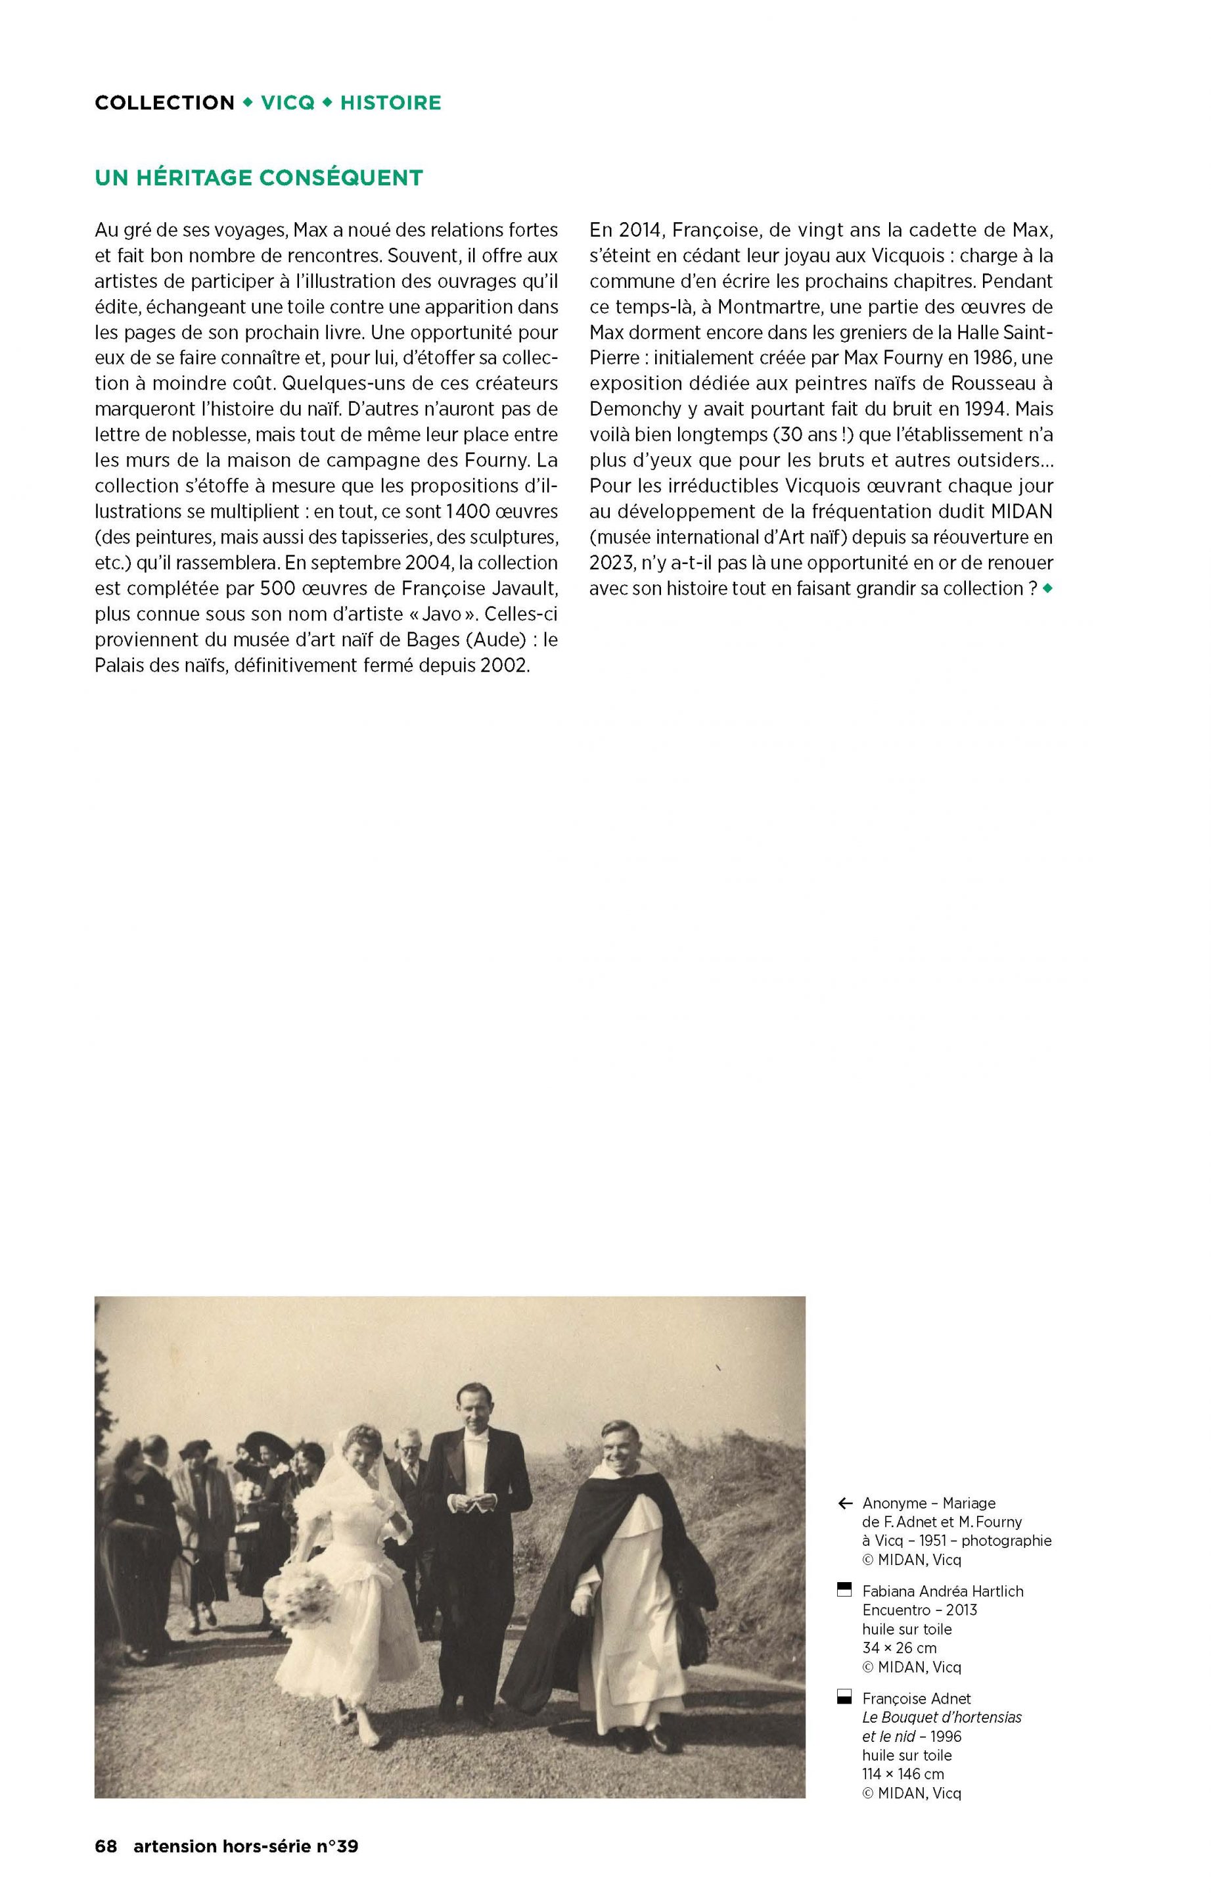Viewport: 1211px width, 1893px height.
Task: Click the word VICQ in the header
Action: pyautogui.click(x=287, y=103)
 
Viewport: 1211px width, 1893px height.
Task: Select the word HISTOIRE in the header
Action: pyautogui.click(x=390, y=103)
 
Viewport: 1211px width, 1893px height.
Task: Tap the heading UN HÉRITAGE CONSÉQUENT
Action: pyautogui.click(x=259, y=177)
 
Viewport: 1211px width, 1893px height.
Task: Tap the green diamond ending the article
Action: pyautogui.click(x=1047, y=588)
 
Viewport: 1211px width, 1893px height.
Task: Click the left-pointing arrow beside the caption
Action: pyautogui.click(x=846, y=1504)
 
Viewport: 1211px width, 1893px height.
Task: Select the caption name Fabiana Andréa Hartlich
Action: pyautogui.click(x=942, y=1591)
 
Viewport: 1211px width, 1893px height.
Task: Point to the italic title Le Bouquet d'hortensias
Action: pyautogui.click(x=942, y=1717)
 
